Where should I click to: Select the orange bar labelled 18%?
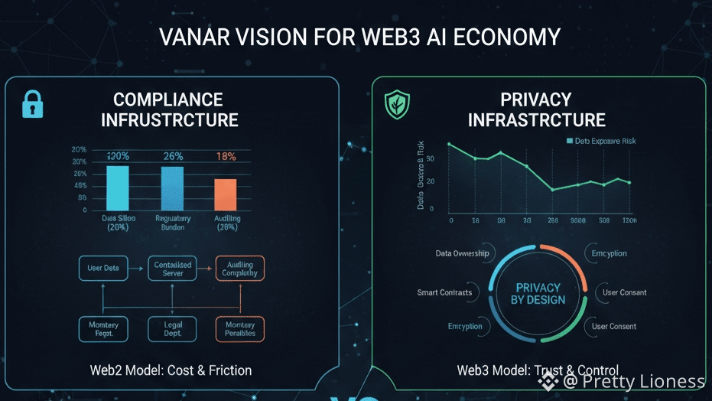point(225,194)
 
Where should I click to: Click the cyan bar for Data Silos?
point(118,187)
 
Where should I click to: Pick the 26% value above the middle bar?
point(172,156)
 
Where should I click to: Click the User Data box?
point(103,268)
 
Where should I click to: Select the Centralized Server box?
point(173,268)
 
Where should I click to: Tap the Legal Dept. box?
point(173,329)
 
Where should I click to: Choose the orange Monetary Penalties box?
point(240,329)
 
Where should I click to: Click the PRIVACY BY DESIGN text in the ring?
point(538,293)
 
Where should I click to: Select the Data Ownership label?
point(462,253)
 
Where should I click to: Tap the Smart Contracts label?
point(444,292)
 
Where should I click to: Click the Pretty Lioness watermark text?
point(641,381)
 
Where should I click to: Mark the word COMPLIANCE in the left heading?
point(168,99)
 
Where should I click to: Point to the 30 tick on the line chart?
point(431,158)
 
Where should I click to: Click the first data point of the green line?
point(449,144)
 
